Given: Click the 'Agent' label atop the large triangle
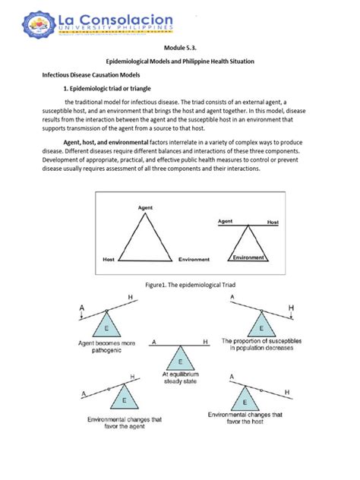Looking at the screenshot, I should [145, 207].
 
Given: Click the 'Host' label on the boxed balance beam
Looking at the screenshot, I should [273, 222].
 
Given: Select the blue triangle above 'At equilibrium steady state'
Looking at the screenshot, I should [180, 359].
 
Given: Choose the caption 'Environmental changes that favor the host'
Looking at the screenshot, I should [245, 419].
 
